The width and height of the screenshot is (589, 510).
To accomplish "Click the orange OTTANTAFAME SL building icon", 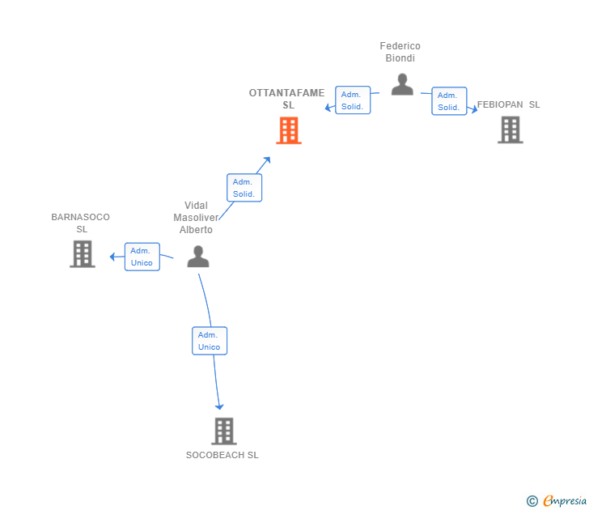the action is pos(289,130).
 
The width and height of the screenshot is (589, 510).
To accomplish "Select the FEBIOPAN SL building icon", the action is pos(511,130).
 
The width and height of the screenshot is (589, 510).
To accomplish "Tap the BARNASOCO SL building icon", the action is pos(83,254).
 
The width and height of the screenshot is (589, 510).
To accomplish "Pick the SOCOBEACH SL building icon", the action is pos(224,431).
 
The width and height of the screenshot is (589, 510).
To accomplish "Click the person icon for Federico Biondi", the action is pos(402,84).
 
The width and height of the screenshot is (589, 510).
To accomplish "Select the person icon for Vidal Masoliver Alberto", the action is pos(198,257).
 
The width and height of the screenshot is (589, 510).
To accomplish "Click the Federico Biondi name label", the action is pos(400,52).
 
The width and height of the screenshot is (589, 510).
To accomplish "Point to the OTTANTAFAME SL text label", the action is pos(287,99).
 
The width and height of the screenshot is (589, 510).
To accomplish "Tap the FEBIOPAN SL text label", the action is pos(509,104).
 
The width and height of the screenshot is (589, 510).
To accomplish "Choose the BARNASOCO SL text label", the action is pos(81,223).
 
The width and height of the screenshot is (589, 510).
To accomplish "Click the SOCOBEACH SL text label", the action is pos(222,455).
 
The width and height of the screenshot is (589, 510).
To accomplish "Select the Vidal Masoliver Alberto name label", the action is pos(196,218).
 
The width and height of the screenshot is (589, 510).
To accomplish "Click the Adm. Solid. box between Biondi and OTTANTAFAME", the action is pos(353,100).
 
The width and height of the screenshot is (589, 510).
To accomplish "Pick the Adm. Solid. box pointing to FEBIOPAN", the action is pos(449,101).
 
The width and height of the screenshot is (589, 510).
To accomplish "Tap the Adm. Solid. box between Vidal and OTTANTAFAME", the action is pos(244,188).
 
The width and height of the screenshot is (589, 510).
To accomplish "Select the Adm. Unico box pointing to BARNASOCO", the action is pos(142,257).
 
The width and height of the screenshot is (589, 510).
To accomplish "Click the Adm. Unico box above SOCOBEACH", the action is pos(210,341).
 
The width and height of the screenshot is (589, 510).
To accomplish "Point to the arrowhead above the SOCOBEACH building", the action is pos(219,406).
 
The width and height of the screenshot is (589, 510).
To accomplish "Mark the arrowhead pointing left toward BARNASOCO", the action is pos(112,257).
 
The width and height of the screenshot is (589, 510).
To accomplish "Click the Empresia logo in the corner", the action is pos(557,501).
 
